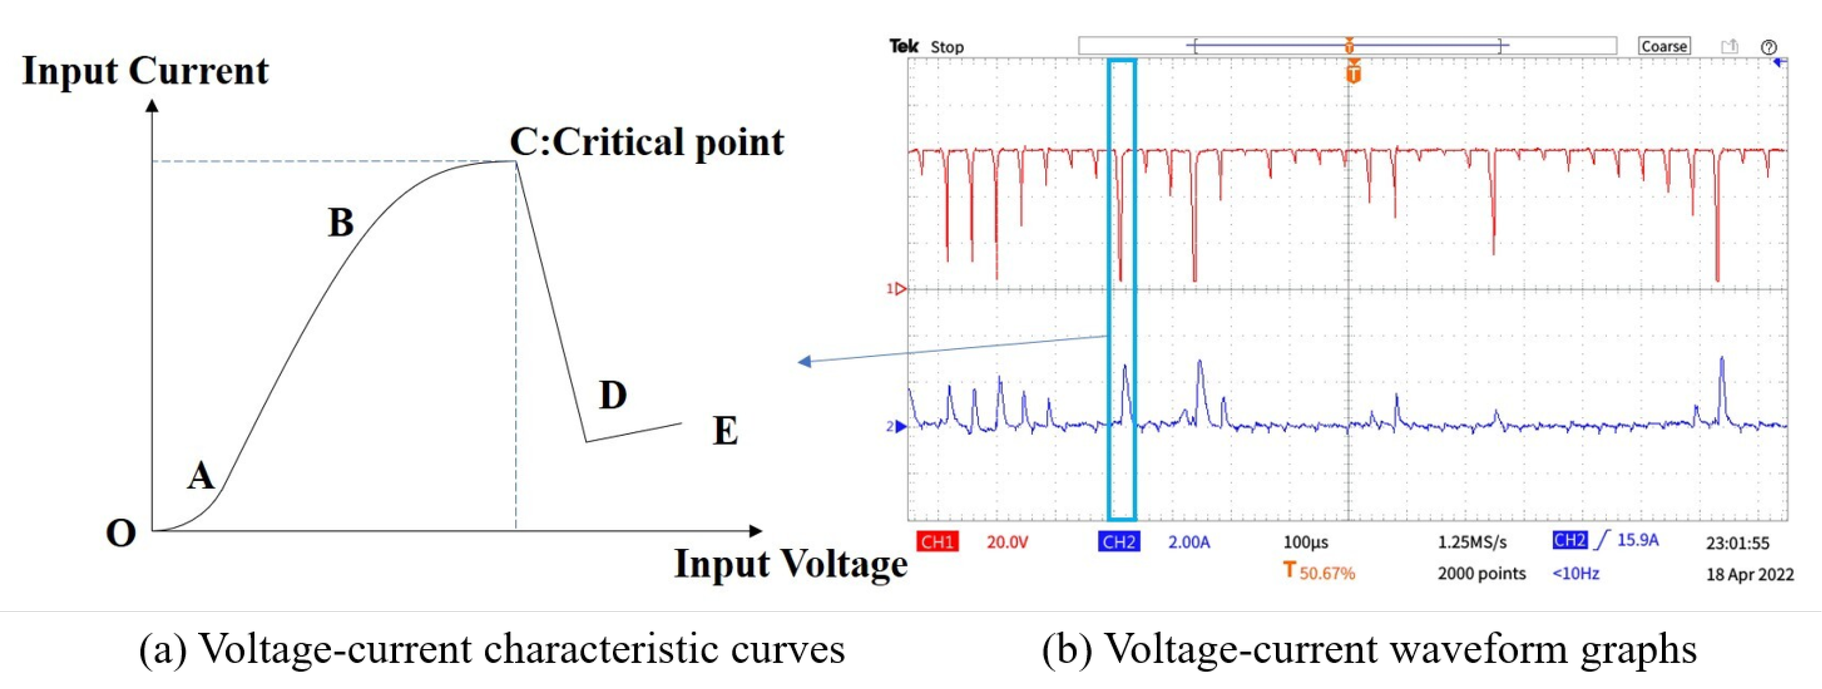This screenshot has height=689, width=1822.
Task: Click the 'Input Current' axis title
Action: [145, 71]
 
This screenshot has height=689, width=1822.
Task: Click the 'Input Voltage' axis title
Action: [790, 564]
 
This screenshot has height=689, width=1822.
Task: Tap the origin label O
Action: [120, 533]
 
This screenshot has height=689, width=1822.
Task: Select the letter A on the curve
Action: [201, 476]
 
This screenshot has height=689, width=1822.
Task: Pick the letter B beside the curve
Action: [341, 222]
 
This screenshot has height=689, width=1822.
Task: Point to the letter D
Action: [612, 395]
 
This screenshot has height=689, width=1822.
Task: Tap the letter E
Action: [725, 430]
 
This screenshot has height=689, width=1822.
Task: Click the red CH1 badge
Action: [937, 542]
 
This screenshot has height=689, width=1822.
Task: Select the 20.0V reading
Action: [1007, 542]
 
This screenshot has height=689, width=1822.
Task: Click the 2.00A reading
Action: [1188, 542]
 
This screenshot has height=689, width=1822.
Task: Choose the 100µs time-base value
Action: [1306, 542]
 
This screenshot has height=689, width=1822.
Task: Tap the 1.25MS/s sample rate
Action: [1472, 542]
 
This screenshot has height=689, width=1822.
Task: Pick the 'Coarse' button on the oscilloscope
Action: [1664, 46]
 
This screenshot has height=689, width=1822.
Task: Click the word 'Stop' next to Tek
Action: [947, 47]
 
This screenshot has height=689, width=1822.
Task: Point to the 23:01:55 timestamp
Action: [1737, 543]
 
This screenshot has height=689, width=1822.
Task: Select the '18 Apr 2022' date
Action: [1750, 574]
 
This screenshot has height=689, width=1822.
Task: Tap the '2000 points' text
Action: [1481, 573]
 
